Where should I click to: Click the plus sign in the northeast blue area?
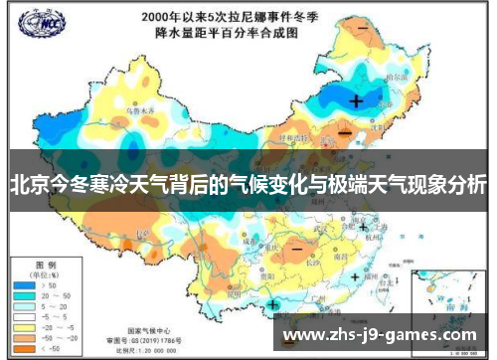356,100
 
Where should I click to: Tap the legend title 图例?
46,264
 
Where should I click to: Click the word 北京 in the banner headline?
27,185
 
